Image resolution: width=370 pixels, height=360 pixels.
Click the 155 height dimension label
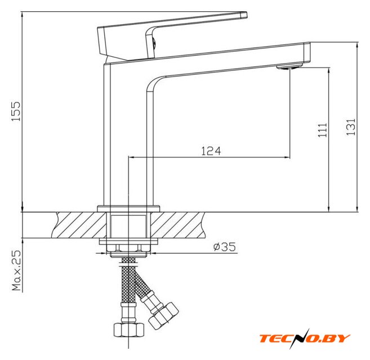point(16,111)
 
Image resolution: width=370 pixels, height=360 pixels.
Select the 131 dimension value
point(351,127)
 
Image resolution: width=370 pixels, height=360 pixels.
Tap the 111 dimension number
point(322,130)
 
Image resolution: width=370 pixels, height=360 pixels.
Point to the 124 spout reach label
point(211,151)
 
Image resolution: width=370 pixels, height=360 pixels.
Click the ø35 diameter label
point(224,247)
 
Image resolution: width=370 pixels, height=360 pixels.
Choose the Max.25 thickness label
point(16,270)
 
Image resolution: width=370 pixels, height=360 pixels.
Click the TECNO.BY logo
point(305,338)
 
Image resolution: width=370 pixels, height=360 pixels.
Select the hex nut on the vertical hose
point(129,330)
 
